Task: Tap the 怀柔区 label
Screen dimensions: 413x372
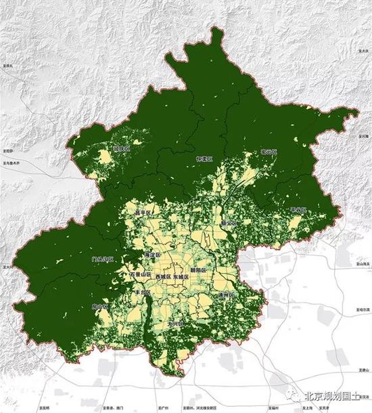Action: (204, 158)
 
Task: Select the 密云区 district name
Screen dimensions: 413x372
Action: (269, 153)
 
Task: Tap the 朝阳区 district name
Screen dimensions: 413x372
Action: (202, 269)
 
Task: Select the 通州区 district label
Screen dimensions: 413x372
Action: (225, 297)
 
